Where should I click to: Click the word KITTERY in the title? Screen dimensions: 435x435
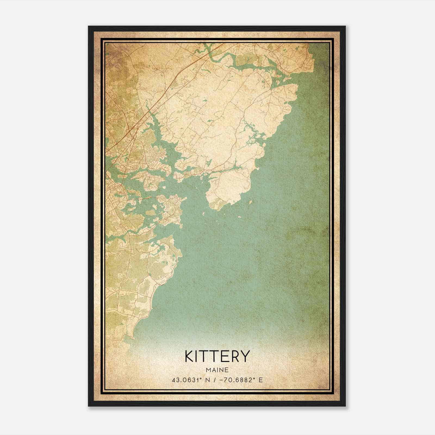click(x=217, y=356)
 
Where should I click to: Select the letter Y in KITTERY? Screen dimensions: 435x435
click(x=245, y=356)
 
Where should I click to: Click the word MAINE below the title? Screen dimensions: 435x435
click(x=217, y=370)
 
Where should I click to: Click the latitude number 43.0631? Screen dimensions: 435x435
click(x=184, y=380)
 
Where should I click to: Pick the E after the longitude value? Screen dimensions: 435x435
click(x=260, y=380)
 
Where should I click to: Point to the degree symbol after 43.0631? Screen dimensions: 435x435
click(x=197, y=379)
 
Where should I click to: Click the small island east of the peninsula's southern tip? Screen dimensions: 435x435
click(x=250, y=202)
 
